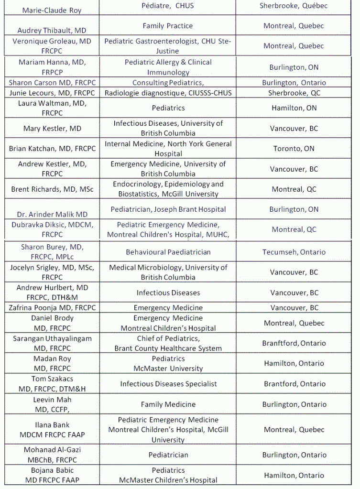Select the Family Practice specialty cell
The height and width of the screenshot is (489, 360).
click(167, 26)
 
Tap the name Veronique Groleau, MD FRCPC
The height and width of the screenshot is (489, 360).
click(52, 46)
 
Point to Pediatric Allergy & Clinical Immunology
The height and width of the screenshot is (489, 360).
click(168, 67)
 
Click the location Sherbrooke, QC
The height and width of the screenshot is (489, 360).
click(294, 93)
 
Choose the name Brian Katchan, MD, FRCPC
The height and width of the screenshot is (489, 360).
click(52, 149)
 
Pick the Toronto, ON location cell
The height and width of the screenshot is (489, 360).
click(294, 149)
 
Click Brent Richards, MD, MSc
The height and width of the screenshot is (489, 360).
click(52, 189)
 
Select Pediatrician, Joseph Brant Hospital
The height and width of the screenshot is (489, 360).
click(168, 209)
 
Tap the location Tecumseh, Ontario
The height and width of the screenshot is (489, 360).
click(294, 252)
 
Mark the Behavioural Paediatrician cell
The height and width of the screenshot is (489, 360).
click(168, 252)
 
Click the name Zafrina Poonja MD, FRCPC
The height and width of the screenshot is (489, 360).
click(52, 308)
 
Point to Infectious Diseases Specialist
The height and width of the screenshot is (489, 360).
click(168, 384)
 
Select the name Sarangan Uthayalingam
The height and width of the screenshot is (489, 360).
click(52, 338)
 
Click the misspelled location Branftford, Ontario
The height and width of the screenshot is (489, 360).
click(294, 343)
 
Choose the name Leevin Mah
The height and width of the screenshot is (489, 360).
click(52, 400)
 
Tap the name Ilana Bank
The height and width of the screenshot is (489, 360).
click(52, 424)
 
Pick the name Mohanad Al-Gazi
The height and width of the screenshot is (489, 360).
click(52, 450)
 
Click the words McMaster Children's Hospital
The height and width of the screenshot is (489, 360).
click(168, 480)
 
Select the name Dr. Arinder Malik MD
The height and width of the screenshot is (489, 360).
click(52, 214)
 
